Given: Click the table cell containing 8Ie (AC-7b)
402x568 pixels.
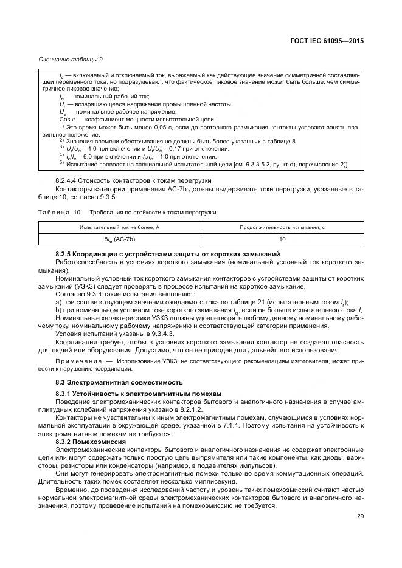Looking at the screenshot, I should pos(120,239).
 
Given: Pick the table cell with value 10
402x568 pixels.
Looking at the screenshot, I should pos(282,239).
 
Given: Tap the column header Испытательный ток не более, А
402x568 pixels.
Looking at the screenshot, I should pos(120,227).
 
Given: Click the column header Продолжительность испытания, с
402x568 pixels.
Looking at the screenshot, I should pos(282,227).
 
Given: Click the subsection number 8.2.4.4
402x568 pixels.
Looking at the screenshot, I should pos(68,180).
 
